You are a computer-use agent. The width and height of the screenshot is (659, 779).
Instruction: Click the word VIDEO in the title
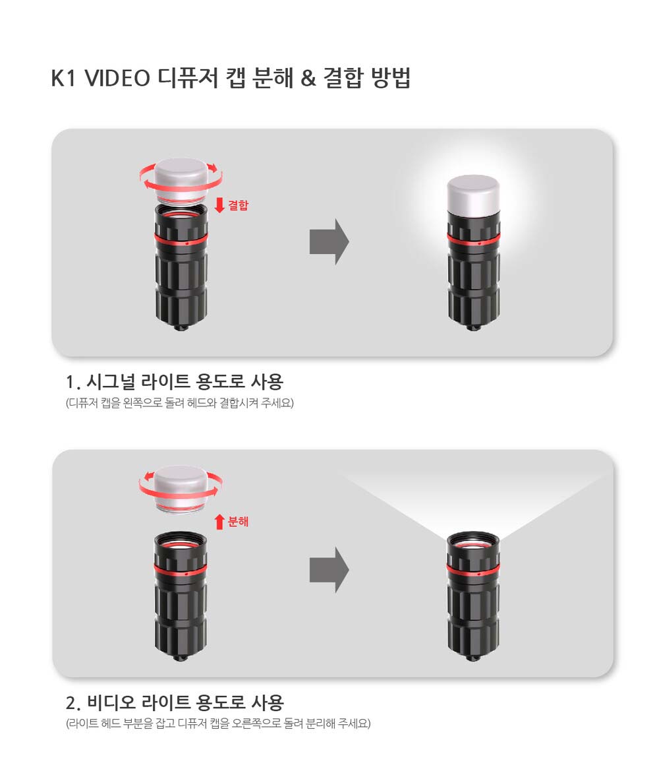117,78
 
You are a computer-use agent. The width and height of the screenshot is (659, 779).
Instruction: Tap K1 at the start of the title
63,78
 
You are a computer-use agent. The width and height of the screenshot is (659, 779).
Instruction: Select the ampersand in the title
308,78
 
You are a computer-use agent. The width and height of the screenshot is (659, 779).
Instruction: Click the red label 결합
238,205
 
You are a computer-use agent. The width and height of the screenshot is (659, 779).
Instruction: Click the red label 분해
238,522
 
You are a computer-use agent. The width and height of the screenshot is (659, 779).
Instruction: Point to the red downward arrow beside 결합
219,205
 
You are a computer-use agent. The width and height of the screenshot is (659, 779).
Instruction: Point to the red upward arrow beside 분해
219,522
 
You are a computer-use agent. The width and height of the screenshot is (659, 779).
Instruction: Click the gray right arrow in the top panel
329,241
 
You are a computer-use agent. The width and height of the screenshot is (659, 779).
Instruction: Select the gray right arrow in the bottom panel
329,570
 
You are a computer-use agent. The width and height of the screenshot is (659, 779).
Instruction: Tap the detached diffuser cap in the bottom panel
181,489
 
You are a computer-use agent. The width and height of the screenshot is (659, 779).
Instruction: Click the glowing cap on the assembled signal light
473,196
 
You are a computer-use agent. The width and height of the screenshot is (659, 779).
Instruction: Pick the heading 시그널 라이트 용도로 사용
185,381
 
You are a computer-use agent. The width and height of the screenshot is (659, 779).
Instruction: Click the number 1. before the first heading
72,383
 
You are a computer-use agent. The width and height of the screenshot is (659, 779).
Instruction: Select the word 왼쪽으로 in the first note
142,402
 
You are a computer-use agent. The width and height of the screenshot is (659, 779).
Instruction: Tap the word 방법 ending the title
391,77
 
